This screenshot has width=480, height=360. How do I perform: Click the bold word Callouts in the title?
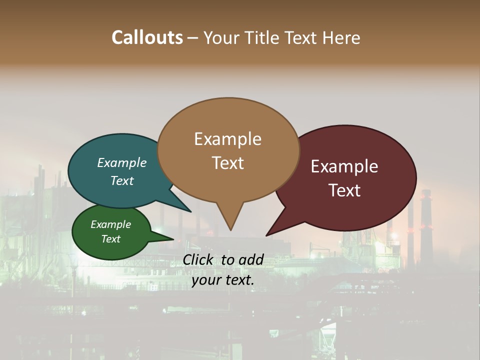click(147, 37)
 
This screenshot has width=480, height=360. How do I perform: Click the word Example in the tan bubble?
click(227, 139)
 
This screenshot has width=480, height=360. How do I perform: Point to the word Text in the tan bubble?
click(227, 163)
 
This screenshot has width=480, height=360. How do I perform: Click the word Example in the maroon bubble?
click(344, 166)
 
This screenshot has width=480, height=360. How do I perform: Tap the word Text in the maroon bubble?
click(344, 190)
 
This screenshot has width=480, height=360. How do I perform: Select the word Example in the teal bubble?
click(122, 163)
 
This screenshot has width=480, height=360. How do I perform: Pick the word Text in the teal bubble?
click(122, 180)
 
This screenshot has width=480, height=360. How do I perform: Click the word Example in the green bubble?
click(111, 224)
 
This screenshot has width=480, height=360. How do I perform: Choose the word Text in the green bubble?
click(111, 239)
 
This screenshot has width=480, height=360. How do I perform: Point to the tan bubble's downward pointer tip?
click(230, 230)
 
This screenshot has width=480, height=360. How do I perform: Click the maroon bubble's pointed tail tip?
click(266, 235)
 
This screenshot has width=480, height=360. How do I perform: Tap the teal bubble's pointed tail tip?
click(190, 211)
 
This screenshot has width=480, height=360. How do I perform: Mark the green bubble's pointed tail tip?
click(173, 238)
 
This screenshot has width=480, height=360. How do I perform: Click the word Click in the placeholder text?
click(198, 259)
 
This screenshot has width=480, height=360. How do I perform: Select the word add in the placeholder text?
click(251, 259)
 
